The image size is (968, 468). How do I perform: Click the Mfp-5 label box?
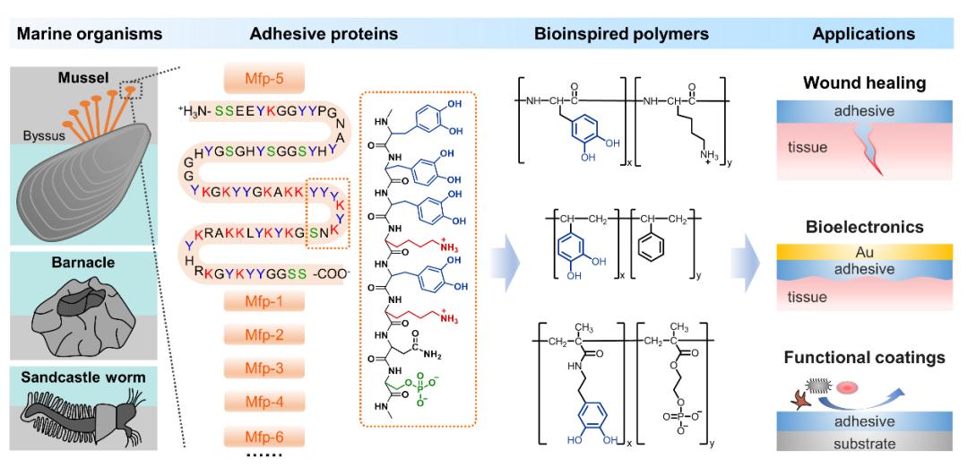[264, 79]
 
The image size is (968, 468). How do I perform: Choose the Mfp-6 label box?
[264, 437]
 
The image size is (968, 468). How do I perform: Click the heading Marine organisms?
[90, 33]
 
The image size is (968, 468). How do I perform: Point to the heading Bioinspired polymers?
[621, 33]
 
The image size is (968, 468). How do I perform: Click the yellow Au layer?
[866, 252]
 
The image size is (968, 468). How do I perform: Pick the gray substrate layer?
[866, 443]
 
